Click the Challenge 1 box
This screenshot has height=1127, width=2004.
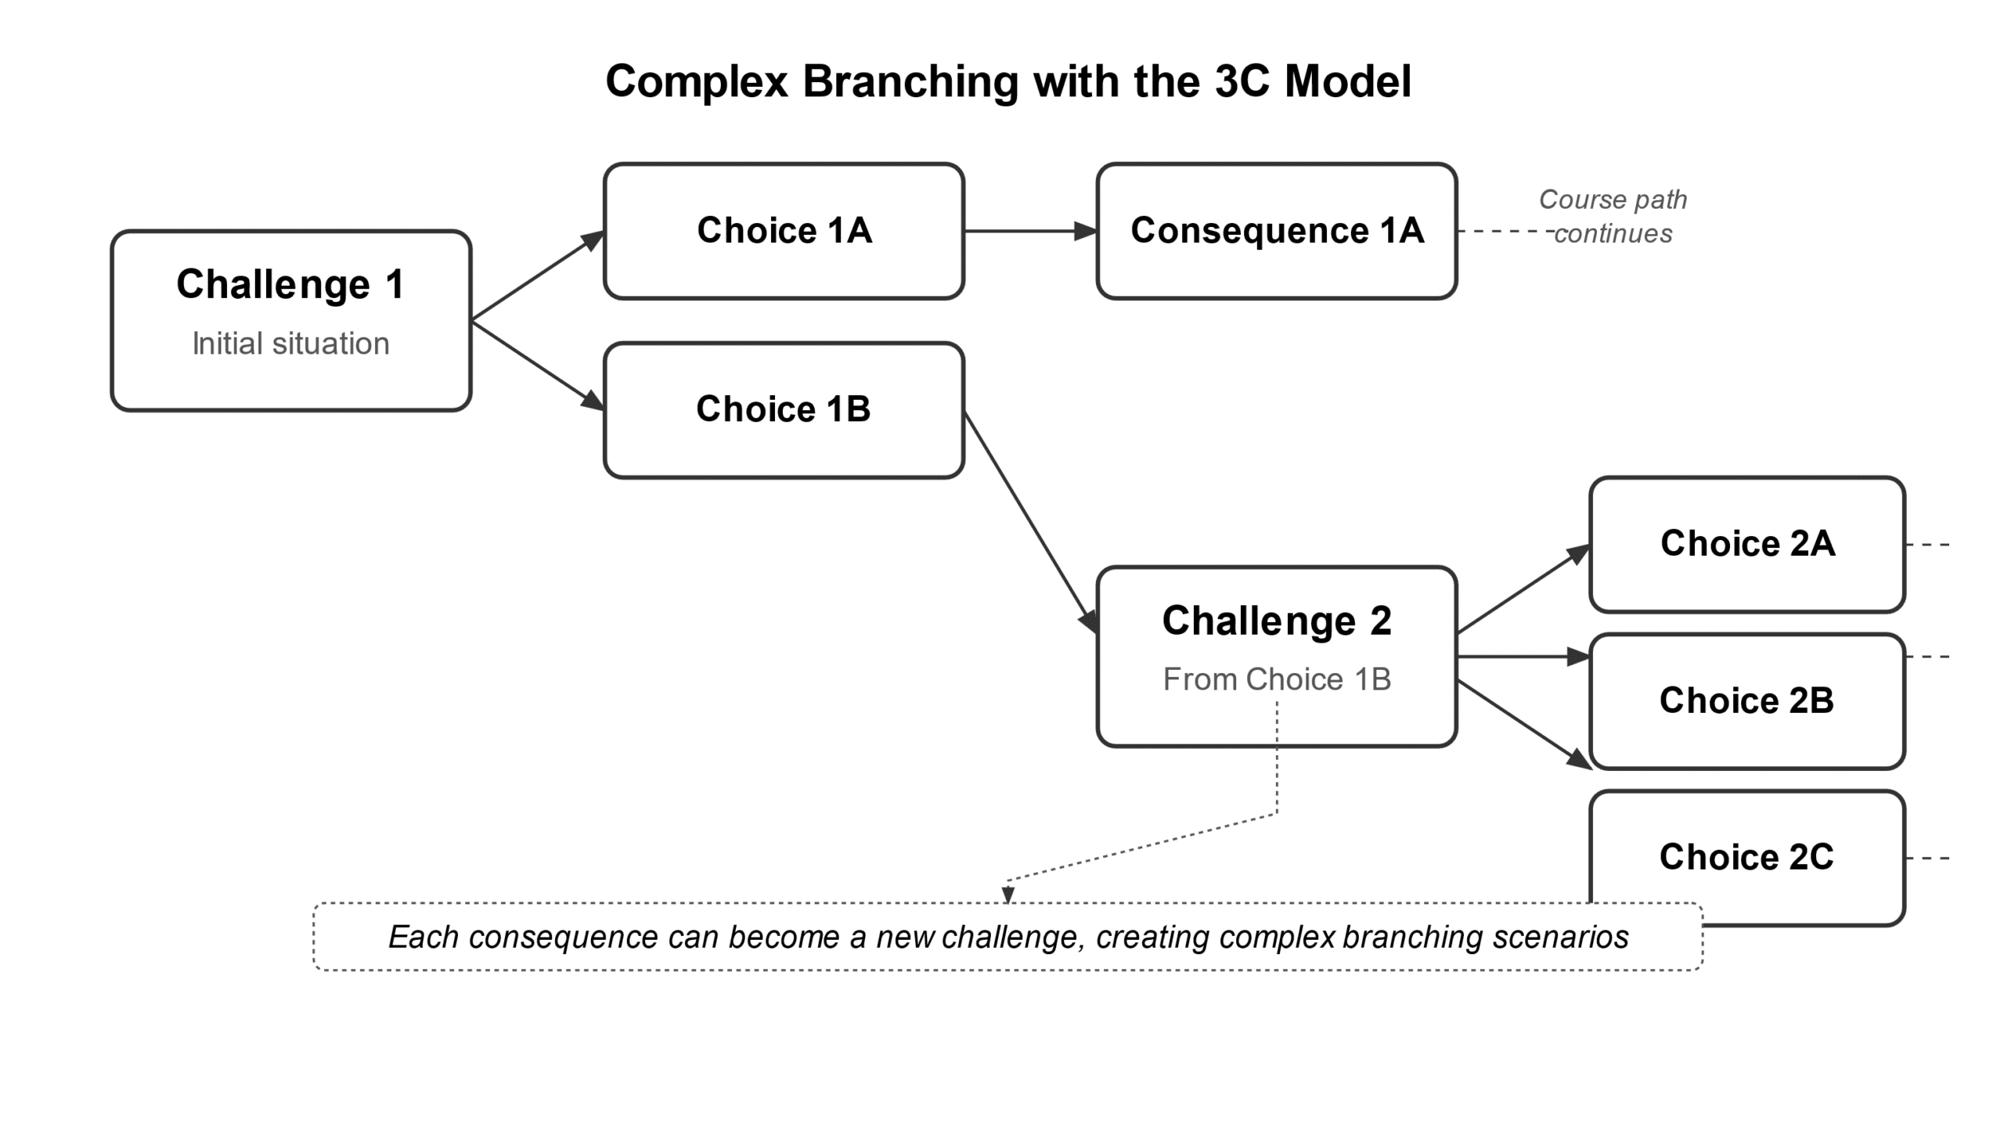point(290,320)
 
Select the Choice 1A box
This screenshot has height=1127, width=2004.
point(784,231)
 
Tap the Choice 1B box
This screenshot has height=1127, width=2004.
point(784,409)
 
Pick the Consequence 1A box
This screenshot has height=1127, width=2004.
point(1276,231)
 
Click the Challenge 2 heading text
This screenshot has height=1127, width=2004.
point(1276,621)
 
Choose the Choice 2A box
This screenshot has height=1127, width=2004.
point(1746,544)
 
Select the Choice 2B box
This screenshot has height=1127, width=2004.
point(1746,700)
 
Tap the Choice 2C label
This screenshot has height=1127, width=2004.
point(1746,857)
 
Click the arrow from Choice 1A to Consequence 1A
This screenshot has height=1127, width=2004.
point(1029,231)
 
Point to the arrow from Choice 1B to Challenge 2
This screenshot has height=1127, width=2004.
point(1029,520)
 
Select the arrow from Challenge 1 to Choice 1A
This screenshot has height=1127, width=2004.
point(537,275)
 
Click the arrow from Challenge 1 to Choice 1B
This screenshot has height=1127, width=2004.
point(537,365)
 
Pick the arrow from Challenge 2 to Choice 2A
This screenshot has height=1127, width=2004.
point(1523,589)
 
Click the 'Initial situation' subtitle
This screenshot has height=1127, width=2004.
point(290,344)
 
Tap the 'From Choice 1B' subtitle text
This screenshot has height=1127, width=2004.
point(1276,679)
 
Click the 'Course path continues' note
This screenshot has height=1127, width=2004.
point(1613,216)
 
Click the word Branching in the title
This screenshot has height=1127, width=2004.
point(910,81)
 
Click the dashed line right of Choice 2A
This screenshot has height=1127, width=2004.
point(1927,545)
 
